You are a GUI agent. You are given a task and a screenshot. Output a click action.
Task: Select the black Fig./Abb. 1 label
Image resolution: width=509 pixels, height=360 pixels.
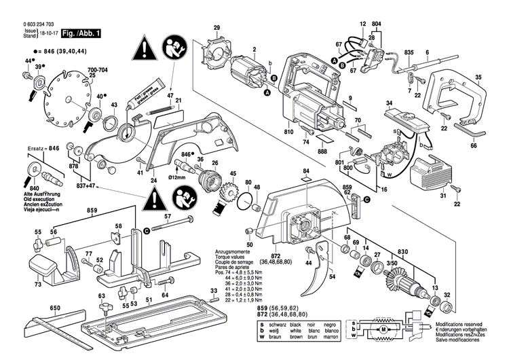coord(80,33)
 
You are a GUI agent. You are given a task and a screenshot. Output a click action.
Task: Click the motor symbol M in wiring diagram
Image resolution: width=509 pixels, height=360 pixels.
coord(383,329)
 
